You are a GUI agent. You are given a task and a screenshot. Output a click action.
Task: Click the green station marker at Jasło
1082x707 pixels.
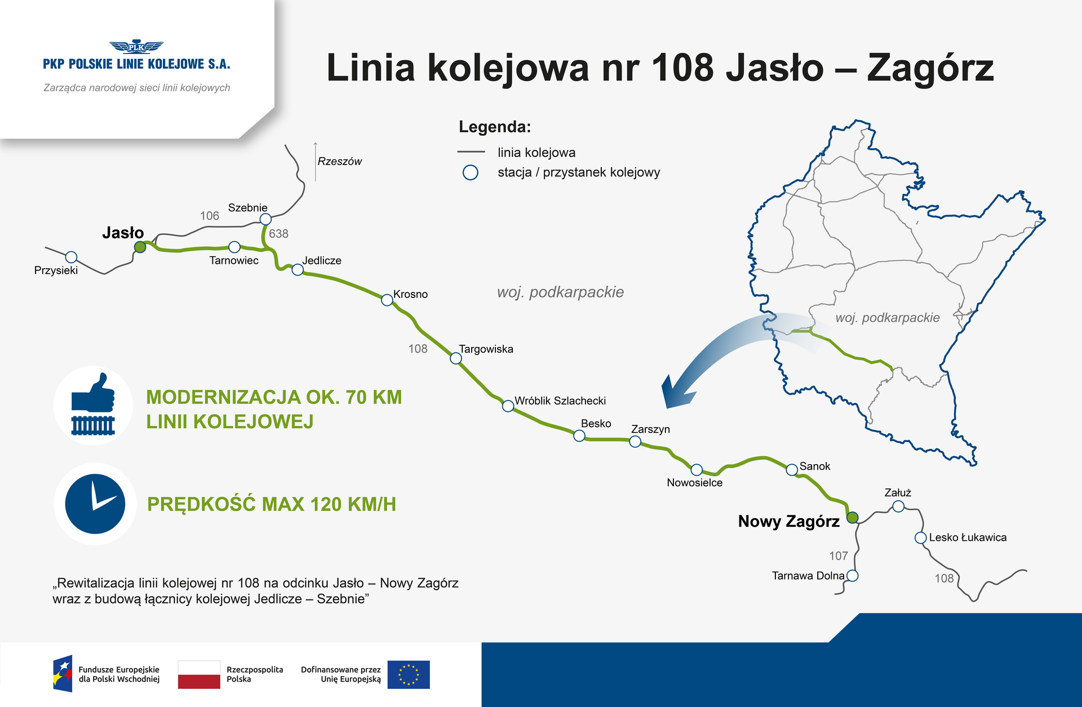(140, 247)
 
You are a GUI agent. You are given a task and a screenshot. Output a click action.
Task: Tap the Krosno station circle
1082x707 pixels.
(387, 300)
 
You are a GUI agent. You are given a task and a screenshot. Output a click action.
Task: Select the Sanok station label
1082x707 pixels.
(814, 466)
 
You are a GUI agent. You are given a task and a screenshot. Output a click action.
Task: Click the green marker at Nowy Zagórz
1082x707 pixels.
(853, 517)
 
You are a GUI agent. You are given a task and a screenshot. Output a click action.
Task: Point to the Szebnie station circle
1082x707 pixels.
(265, 219)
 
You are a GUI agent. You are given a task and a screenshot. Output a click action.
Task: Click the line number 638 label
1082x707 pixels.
(278, 234)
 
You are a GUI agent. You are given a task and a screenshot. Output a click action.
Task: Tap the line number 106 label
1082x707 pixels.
(210, 216)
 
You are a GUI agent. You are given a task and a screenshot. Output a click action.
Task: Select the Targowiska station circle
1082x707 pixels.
(456, 358)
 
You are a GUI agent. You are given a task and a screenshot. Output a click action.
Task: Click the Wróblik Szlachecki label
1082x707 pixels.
(560, 401)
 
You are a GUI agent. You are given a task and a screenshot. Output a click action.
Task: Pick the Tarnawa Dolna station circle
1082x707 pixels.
(853, 576)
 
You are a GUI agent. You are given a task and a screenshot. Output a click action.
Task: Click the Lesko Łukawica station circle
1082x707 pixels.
(920, 538)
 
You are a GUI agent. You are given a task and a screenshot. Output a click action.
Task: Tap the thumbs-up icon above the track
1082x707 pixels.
(94, 393)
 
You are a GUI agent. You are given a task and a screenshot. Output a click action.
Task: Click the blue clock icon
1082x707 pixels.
(95, 504)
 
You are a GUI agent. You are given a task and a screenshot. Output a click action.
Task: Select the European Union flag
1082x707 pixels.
(409, 674)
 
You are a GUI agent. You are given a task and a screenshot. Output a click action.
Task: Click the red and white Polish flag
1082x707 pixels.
(199, 674)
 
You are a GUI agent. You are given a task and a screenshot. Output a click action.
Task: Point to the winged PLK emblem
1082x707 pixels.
(136, 47)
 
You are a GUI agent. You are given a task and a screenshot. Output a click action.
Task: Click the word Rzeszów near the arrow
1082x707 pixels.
(339, 162)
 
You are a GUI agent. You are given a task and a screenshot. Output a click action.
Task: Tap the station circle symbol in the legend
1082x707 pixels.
(471, 172)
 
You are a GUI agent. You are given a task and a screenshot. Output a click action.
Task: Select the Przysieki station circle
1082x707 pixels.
(71, 257)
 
